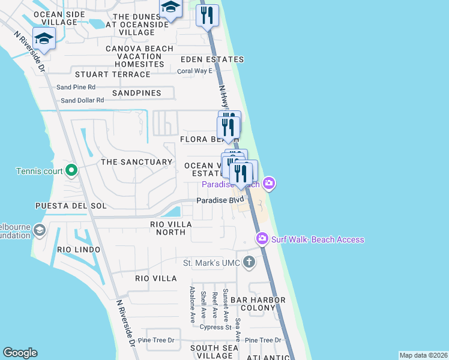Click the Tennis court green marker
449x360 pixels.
[71, 172]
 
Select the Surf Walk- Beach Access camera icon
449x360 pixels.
[262, 239]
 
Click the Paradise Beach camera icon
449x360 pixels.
[270, 184]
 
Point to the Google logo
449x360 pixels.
[20, 353]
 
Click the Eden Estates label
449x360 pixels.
[212, 59]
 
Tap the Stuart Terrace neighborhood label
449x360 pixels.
[112, 74]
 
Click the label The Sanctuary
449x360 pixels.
[136, 162]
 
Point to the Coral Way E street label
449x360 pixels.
[195, 71]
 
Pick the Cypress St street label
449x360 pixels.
[216, 328]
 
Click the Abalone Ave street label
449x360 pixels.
[193, 305]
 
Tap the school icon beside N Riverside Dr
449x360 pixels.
[44, 40]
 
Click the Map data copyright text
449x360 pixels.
[423, 355]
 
